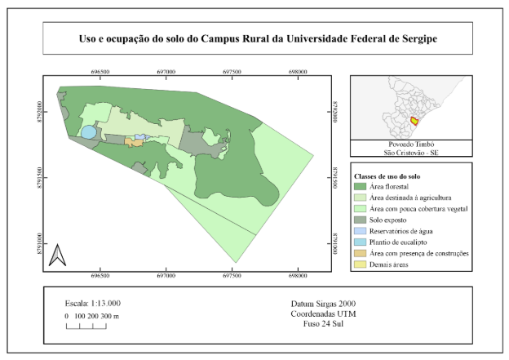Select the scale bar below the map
point(86,326)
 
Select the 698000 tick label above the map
point(298,72)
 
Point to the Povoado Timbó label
point(411,144)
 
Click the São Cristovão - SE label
point(411,152)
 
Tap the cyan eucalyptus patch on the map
point(87,131)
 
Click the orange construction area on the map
point(133,142)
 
